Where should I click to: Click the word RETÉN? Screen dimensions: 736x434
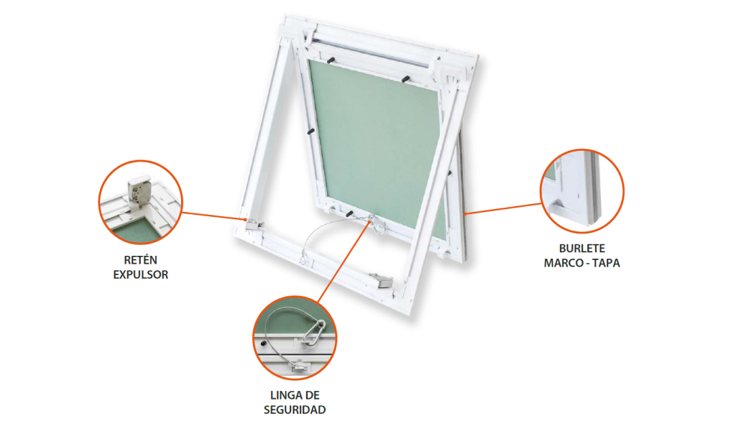(x=140, y=259)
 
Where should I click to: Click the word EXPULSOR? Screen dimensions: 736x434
(x=140, y=274)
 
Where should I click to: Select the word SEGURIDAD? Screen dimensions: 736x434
(x=295, y=410)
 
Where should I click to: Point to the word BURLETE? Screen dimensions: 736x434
(x=581, y=248)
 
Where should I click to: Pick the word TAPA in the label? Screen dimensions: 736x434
(x=606, y=263)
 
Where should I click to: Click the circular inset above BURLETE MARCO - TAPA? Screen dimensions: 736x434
(x=582, y=191)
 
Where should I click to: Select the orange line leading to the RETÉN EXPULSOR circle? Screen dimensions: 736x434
(x=213, y=216)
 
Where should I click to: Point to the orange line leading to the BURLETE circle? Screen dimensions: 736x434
(x=502, y=209)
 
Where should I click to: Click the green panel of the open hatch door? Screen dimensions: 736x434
(x=375, y=141)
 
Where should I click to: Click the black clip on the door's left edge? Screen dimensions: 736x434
(x=310, y=131)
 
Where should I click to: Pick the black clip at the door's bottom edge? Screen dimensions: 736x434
(x=350, y=213)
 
